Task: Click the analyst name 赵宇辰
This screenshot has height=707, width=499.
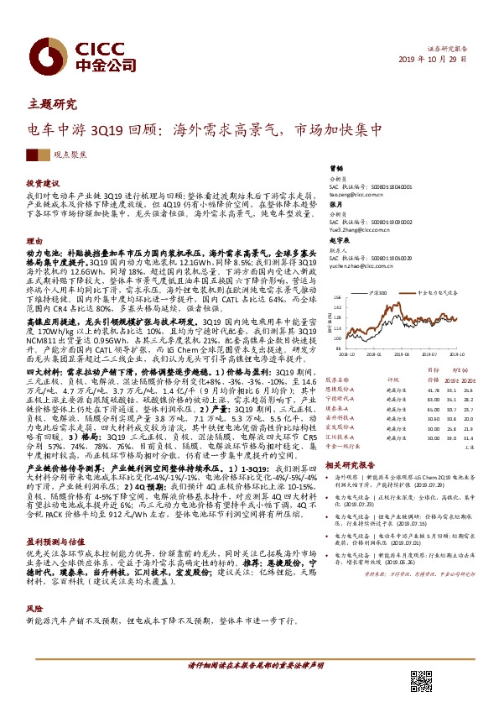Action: [x=337, y=239]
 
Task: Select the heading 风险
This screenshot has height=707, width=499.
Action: [x=34, y=608]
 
